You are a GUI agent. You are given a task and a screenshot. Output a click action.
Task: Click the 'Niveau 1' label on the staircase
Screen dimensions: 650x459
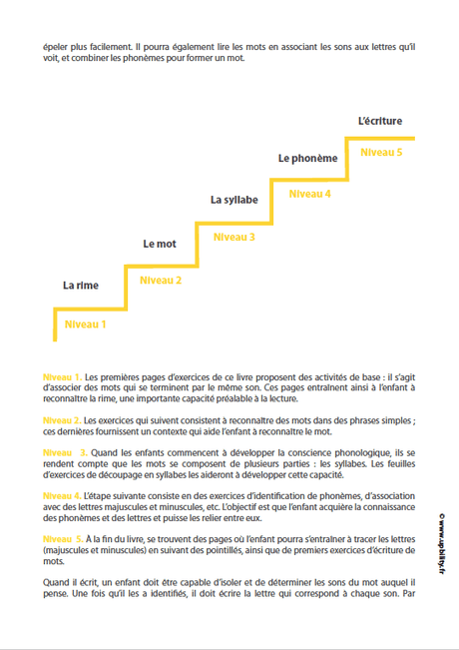[85, 324]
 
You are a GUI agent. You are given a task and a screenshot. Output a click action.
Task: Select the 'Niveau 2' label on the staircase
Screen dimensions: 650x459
[160, 281]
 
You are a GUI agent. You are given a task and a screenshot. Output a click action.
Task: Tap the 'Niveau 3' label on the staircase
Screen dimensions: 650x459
[233, 237]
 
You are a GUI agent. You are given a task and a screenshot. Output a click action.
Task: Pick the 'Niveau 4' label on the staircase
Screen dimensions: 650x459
[309, 194]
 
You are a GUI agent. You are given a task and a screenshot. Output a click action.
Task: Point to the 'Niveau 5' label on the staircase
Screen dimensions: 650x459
[380, 152]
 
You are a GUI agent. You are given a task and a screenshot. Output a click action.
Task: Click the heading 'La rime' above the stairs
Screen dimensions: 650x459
[80, 286]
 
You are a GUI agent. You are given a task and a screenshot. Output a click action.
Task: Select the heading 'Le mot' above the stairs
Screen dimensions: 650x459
[160, 243]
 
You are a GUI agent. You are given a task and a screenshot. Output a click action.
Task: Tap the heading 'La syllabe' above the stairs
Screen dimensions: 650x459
[233, 200]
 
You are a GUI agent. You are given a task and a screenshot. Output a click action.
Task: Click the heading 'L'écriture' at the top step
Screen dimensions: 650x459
[379, 121]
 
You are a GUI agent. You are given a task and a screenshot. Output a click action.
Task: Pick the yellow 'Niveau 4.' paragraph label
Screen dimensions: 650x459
[63, 495]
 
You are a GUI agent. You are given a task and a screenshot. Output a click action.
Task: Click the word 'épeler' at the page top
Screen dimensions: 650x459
[56, 46]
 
